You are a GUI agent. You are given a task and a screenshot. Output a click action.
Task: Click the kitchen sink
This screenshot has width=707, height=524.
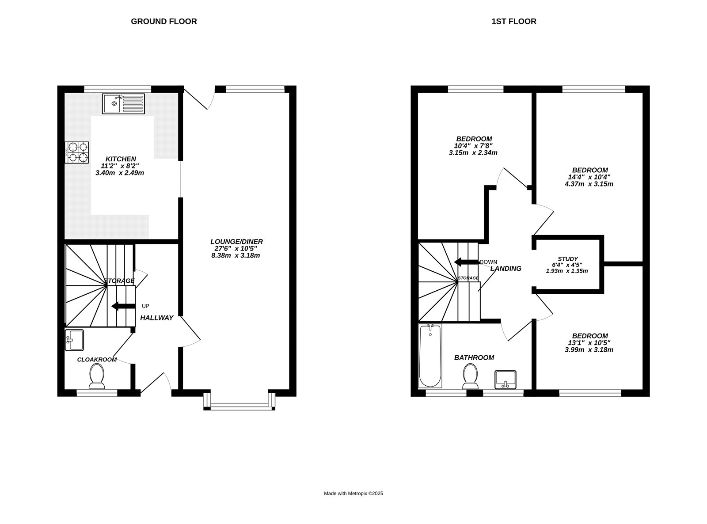[x=123, y=103]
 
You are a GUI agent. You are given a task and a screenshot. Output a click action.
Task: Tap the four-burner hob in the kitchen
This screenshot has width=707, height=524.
[x=77, y=152]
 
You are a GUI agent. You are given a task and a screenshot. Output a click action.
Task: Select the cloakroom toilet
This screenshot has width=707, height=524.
[x=97, y=376]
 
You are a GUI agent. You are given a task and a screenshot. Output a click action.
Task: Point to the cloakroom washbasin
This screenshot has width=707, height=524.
[x=74, y=340]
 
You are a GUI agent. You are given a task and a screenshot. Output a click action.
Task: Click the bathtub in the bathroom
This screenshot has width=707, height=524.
[x=430, y=356]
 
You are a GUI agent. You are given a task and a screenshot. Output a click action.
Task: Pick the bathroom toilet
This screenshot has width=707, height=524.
[x=470, y=376]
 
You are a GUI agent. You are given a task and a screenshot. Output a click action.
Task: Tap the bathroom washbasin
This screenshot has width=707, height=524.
[x=505, y=379]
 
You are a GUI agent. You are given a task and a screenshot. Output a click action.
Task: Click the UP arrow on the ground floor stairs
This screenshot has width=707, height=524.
[x=123, y=306]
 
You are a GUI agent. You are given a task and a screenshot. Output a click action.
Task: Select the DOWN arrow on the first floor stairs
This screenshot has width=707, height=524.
[x=466, y=262]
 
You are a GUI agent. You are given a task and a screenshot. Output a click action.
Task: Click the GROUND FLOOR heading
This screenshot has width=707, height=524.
[x=164, y=21]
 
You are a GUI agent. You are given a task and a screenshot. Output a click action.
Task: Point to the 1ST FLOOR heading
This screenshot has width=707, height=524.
[x=514, y=21]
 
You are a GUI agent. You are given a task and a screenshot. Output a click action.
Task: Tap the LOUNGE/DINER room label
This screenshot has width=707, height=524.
[x=236, y=242]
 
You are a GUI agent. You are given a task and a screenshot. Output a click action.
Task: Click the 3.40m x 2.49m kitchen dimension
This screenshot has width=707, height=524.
[x=120, y=173]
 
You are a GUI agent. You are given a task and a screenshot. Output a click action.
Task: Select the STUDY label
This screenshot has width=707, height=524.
[x=568, y=259]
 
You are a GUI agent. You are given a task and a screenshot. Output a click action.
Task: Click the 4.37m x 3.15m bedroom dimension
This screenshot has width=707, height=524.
[x=589, y=184]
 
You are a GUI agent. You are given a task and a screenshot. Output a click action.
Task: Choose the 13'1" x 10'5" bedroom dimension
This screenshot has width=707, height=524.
[x=589, y=343]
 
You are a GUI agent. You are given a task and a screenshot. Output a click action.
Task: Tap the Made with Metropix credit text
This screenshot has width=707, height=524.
[x=353, y=494]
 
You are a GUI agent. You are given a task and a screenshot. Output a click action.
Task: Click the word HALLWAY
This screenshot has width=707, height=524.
[x=157, y=318]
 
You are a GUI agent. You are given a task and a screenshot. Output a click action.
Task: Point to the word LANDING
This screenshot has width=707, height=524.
[x=506, y=269]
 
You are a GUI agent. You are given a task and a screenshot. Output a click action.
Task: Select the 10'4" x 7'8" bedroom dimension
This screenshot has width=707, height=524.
[x=473, y=146]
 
